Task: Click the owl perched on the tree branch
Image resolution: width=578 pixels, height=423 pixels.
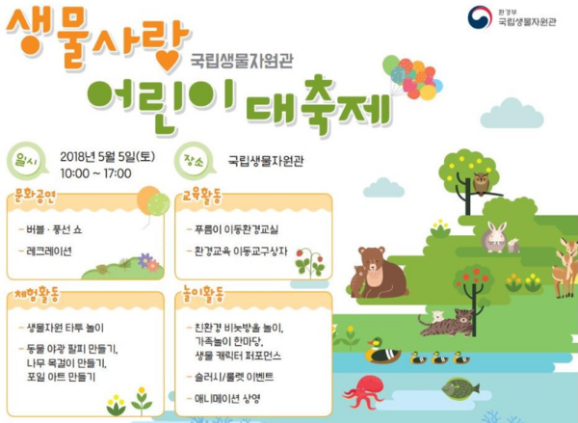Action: point(481,183)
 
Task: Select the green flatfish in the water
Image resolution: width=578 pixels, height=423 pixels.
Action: point(460,388)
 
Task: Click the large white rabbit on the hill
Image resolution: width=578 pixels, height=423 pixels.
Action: point(494,237)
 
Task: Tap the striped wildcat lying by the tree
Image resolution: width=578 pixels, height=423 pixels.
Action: point(447,324)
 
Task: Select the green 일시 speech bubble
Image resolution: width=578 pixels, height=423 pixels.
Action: point(27,162)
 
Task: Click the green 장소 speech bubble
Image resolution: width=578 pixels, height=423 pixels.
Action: point(195,161)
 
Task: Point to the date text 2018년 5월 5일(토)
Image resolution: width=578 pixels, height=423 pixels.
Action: point(108,157)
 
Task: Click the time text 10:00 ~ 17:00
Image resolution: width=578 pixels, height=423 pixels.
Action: point(95,173)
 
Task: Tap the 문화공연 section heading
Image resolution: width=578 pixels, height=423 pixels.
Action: point(35,198)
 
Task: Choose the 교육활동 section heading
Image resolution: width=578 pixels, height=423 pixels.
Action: point(202,198)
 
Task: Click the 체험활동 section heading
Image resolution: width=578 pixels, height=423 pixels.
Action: point(37,295)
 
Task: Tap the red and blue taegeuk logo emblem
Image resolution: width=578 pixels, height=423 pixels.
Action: point(480,17)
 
